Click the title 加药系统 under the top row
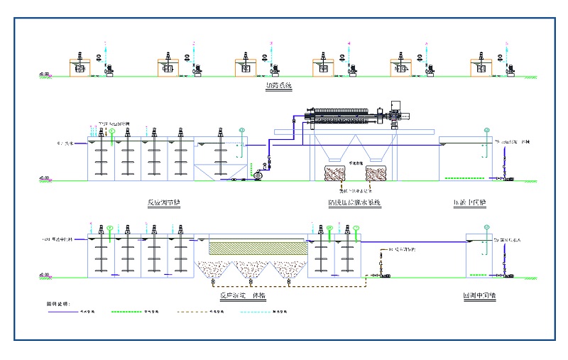[x=278, y=87]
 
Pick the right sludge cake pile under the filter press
[x=375, y=175]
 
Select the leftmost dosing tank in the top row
[x=80, y=68]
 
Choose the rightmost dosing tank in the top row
[x=481, y=68]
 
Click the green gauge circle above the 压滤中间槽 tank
[x=486, y=131]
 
